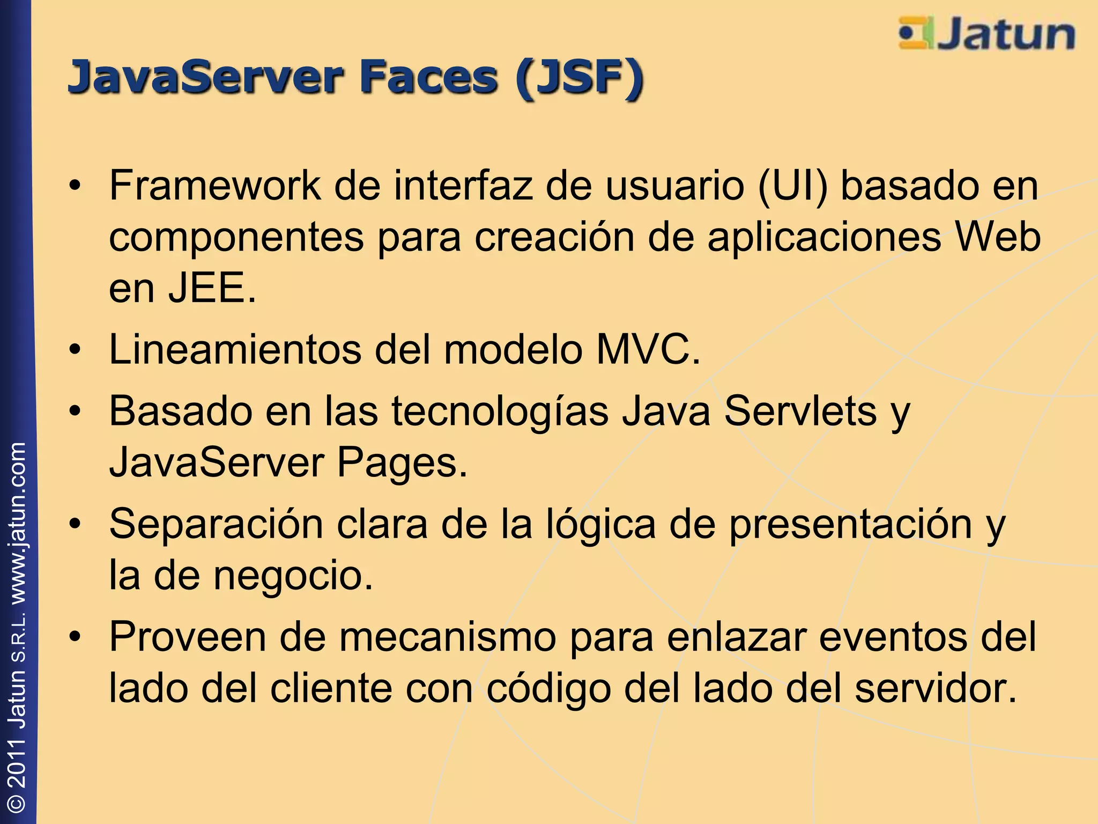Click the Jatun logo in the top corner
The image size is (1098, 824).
[986, 34]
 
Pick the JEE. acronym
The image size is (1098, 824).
[212, 288]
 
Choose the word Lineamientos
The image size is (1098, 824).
[235, 350]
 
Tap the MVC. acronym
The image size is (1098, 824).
[649, 350]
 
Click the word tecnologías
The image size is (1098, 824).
[500, 412]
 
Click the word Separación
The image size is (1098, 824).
[216, 525]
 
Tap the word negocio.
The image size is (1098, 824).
[293, 576]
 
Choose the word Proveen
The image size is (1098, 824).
[188, 637]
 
